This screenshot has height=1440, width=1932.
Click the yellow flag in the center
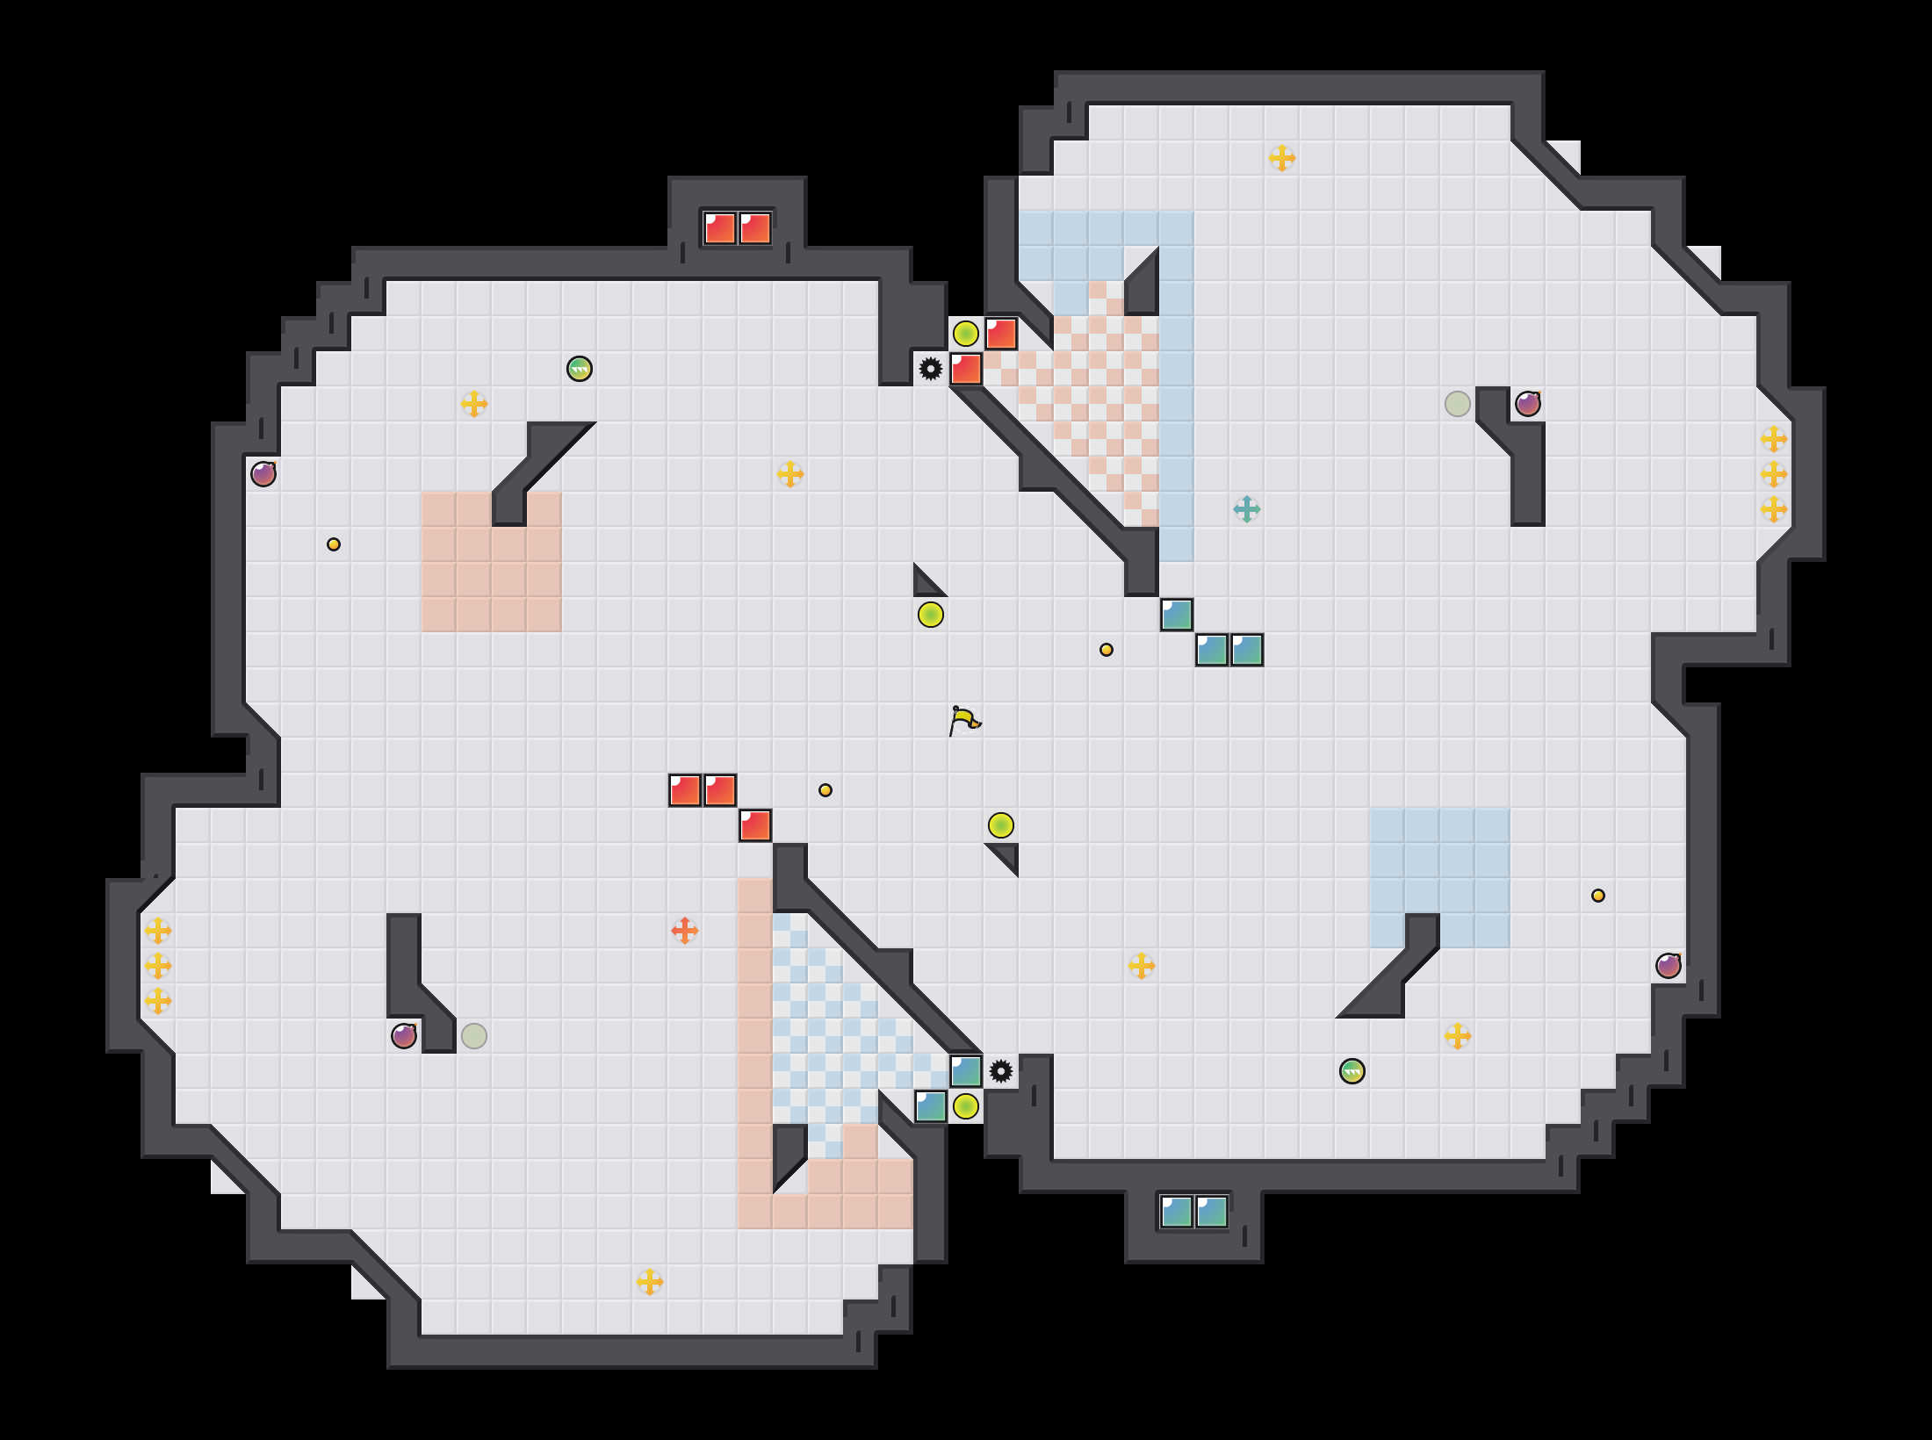(964, 720)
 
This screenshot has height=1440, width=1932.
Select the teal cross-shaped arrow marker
(1246, 509)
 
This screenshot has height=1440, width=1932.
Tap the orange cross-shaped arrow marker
(685, 931)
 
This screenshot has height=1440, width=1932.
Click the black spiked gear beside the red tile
(931, 369)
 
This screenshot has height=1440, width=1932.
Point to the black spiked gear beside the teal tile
(1001, 1071)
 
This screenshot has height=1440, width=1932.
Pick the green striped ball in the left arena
(580, 369)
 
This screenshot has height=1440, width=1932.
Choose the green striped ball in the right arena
(1352, 1071)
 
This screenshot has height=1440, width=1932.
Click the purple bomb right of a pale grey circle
(1528, 404)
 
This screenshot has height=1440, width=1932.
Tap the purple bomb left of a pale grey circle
(404, 1036)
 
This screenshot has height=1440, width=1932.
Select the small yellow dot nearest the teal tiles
(1107, 650)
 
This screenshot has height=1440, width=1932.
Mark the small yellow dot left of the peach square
(334, 544)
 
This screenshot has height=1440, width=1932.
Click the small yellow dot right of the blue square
(1598, 896)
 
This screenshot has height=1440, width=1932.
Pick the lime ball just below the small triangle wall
(931, 615)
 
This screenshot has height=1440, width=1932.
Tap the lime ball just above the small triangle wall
(1001, 825)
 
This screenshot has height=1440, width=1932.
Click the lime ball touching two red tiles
(966, 334)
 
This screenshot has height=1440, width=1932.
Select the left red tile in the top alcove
(720, 228)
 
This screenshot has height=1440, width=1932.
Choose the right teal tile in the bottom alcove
(1212, 1212)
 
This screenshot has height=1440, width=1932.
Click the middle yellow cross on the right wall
(1774, 474)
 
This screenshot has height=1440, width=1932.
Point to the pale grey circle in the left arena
(474, 1036)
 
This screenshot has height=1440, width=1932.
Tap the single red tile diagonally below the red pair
(755, 825)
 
